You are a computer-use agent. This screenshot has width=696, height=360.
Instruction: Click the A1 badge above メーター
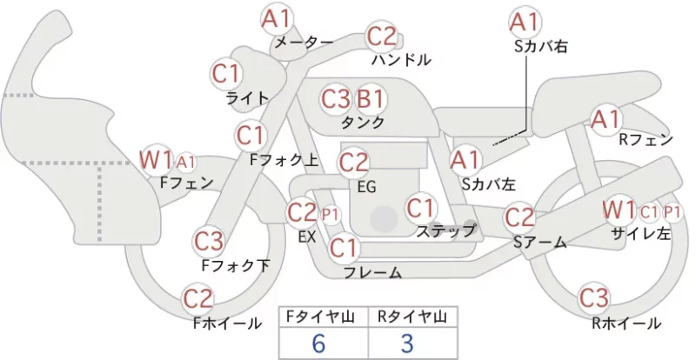pos(276,20)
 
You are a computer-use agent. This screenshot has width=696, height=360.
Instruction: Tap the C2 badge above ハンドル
pos(382,37)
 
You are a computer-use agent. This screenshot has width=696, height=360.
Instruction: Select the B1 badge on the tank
pos(371,99)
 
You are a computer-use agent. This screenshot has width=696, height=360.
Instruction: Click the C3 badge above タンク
pos(336,99)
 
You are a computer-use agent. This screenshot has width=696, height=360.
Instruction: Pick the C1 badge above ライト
pos(226,74)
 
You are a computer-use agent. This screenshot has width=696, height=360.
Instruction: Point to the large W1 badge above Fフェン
pos(156,160)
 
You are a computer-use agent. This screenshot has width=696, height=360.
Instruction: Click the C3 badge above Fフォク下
pos(208,242)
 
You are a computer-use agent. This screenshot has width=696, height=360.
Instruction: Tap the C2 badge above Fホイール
pos(198,299)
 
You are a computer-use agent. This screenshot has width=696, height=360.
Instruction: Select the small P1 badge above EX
pos(329,215)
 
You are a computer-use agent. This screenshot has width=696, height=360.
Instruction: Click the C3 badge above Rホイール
pos(594,299)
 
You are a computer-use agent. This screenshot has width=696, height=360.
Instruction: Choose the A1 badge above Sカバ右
pos(525,23)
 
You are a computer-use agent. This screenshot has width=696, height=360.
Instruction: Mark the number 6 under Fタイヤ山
pos(318,343)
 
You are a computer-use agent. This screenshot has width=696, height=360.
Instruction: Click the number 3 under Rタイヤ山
pos(407,343)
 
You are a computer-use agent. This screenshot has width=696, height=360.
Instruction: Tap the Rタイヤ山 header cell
pos(412,317)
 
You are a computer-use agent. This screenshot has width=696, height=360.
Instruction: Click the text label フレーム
pos(373,273)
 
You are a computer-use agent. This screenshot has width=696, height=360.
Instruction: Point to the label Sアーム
pos(539,243)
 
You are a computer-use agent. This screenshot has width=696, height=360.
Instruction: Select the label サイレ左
pos(641,233)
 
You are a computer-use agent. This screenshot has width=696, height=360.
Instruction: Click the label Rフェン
pos(646,140)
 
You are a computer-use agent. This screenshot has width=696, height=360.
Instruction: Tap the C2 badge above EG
pos(353,163)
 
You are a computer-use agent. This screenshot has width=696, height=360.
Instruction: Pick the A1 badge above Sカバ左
pos(465,160)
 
